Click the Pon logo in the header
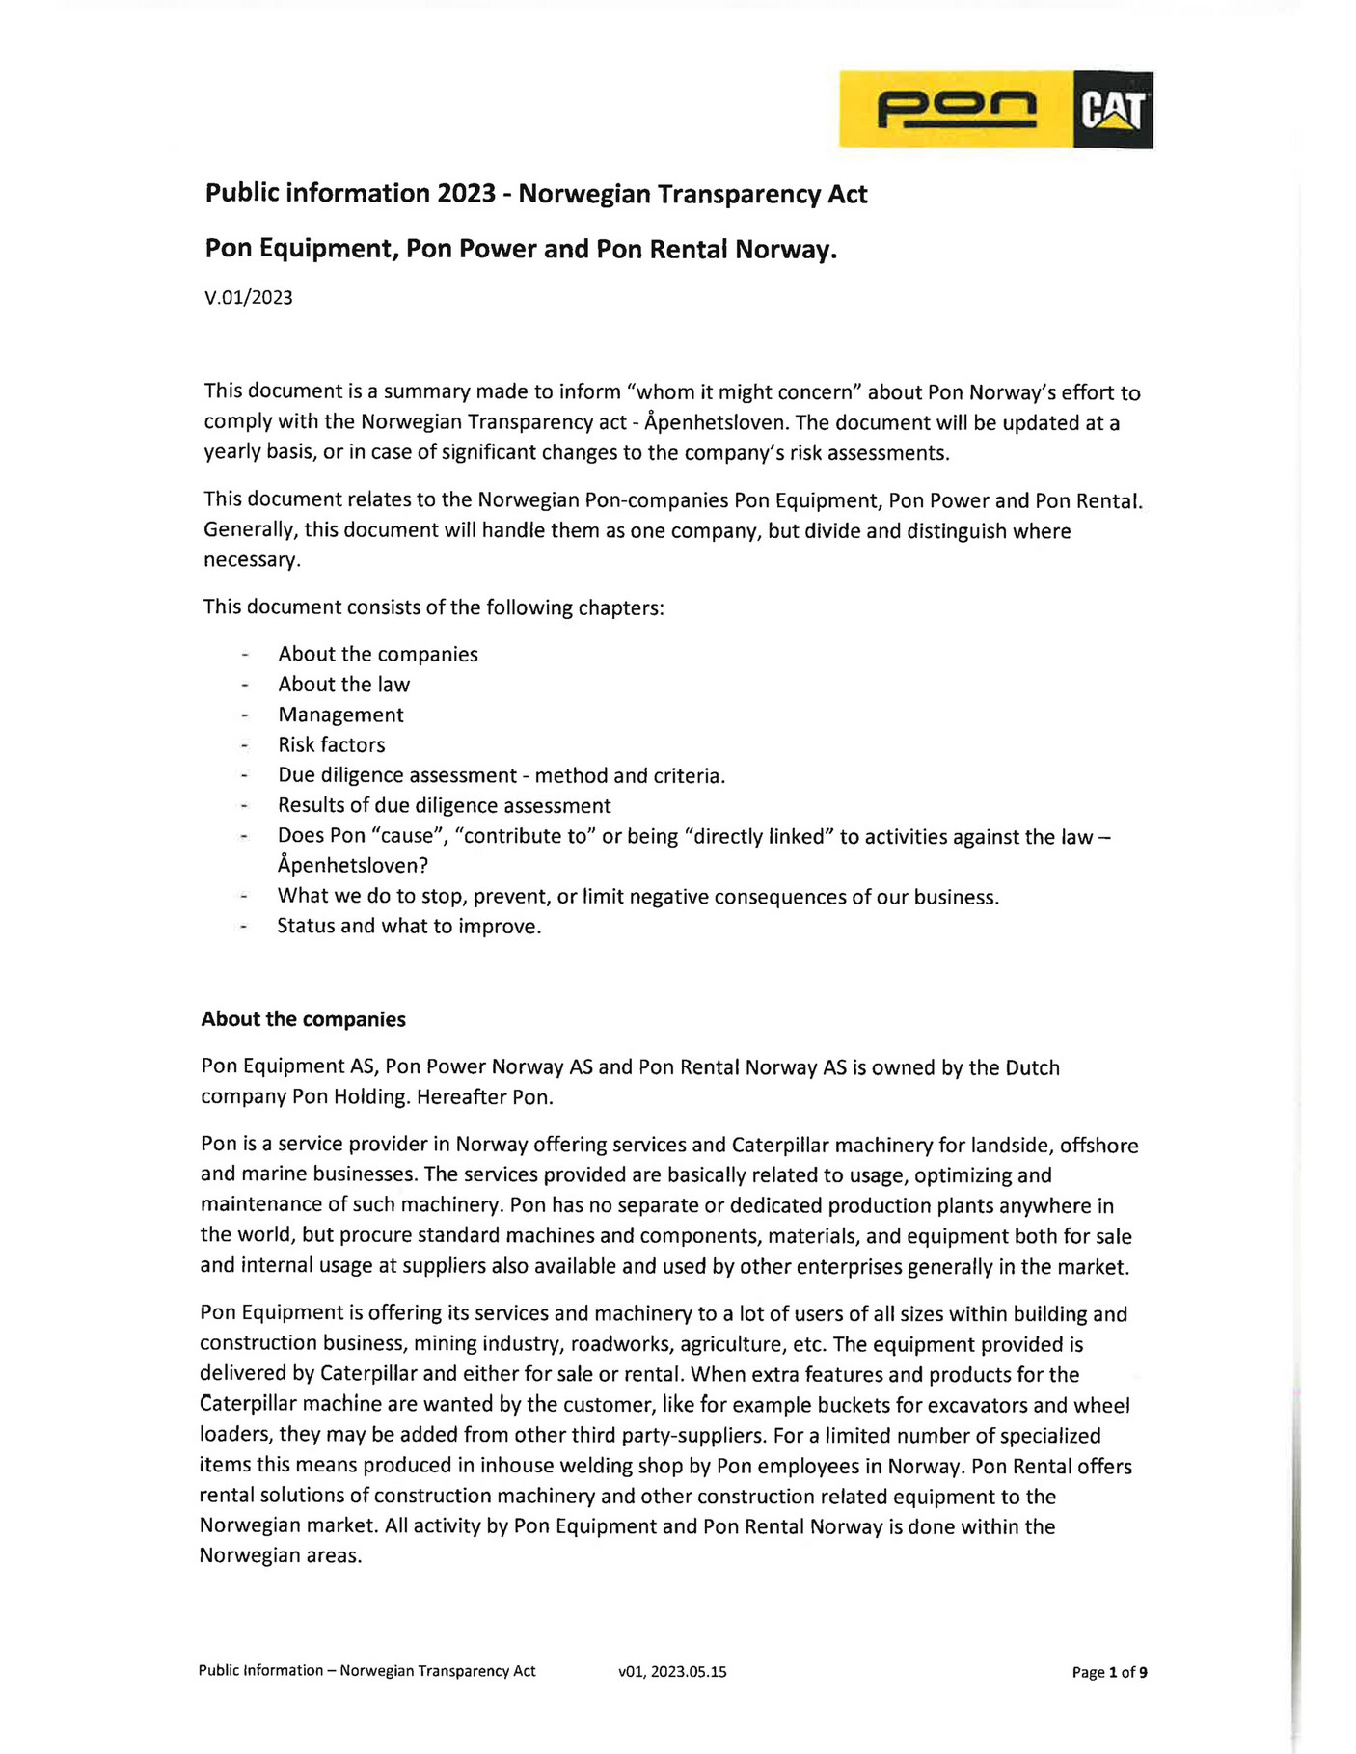pos(956,109)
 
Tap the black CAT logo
pos(1113,110)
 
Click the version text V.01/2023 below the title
pos(249,297)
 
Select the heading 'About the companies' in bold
pos(303,1019)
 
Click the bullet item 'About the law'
pos(343,685)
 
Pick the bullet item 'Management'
pos(340,715)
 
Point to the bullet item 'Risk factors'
pos(331,744)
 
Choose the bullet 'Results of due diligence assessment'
pos(444,805)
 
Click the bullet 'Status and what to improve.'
pos(409,926)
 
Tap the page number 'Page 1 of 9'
pos(1109,1672)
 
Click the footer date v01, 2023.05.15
pos(672,1672)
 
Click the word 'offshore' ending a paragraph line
pos(1098,1146)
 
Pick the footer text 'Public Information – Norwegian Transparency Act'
pos(366,1671)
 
